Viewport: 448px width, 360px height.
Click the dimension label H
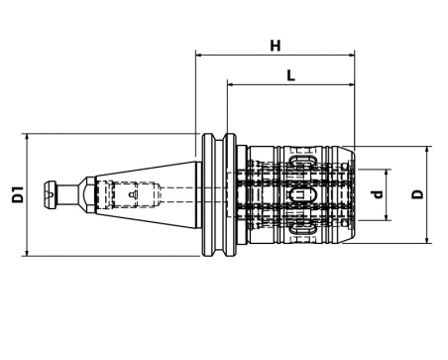pyautogui.click(x=276, y=46)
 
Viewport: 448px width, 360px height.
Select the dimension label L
pyautogui.click(x=290, y=75)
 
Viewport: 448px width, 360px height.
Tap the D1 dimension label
pyautogui.click(x=18, y=194)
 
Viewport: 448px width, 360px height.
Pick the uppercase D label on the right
pyautogui.click(x=417, y=194)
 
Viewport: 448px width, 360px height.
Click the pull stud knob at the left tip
pyautogui.click(x=51, y=194)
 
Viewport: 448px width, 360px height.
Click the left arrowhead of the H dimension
pyautogui.click(x=198, y=55)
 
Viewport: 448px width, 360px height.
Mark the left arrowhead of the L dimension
pyautogui.click(x=230, y=85)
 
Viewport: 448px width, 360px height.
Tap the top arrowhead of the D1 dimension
pyautogui.click(x=27, y=137)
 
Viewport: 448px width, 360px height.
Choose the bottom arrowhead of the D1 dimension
pyautogui.click(x=27, y=253)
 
